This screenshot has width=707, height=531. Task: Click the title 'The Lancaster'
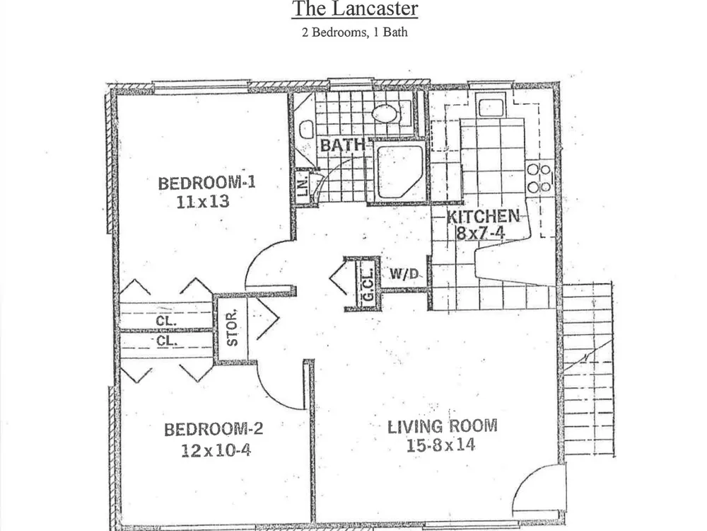coord(355,9)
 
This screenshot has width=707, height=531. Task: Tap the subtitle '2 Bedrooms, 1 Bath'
coord(355,33)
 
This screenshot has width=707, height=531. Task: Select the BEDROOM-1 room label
coord(207,183)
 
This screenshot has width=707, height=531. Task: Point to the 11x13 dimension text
coord(203,201)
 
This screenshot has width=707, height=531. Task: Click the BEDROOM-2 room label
coord(214,429)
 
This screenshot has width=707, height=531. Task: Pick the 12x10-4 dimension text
coord(216,450)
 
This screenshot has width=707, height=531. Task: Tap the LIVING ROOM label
coord(443,426)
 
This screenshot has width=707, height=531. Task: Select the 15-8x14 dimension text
coord(441,445)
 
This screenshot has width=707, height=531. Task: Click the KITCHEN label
coord(483,216)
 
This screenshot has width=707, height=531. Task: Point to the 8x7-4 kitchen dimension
coord(480,233)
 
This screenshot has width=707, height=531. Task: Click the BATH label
coord(343,145)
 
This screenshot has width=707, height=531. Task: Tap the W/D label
coord(404,273)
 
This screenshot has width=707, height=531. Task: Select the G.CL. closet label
coord(368,285)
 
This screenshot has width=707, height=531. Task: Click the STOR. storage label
coord(232,329)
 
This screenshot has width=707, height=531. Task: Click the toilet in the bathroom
coord(306,130)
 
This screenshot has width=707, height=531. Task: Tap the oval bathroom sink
coord(384,113)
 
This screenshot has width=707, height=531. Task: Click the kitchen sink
coord(491,108)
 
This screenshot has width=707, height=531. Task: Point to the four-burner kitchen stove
coord(539,178)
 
